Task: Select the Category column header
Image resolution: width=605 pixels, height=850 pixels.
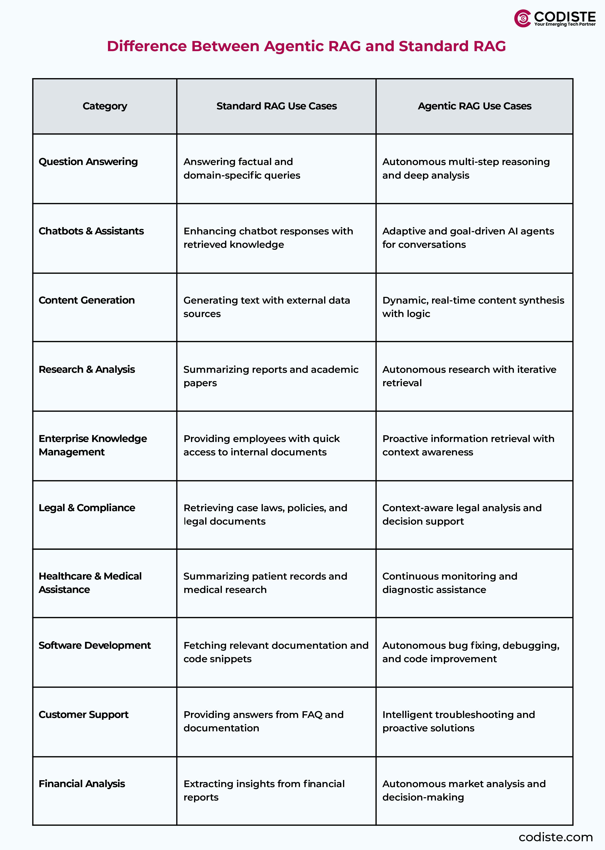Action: pyautogui.click(x=105, y=106)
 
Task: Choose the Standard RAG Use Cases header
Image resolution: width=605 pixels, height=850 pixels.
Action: pyautogui.click(x=276, y=106)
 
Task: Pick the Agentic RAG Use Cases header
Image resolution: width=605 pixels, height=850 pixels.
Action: pyautogui.click(x=474, y=106)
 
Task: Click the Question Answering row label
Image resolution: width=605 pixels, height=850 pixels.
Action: pyautogui.click(x=88, y=162)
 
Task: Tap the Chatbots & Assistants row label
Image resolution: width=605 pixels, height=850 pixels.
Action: pyautogui.click(x=91, y=231)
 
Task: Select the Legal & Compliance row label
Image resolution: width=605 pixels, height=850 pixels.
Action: pyautogui.click(x=87, y=508)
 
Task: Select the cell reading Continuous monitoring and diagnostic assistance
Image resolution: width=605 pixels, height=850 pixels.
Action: pyautogui.click(x=450, y=583)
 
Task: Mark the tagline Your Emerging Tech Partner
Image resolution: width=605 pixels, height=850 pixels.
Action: pyautogui.click(x=565, y=24)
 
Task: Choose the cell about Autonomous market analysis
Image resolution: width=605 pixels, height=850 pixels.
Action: pyautogui.click(x=464, y=790)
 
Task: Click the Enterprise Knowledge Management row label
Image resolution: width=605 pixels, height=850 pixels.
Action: pyautogui.click(x=93, y=445)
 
